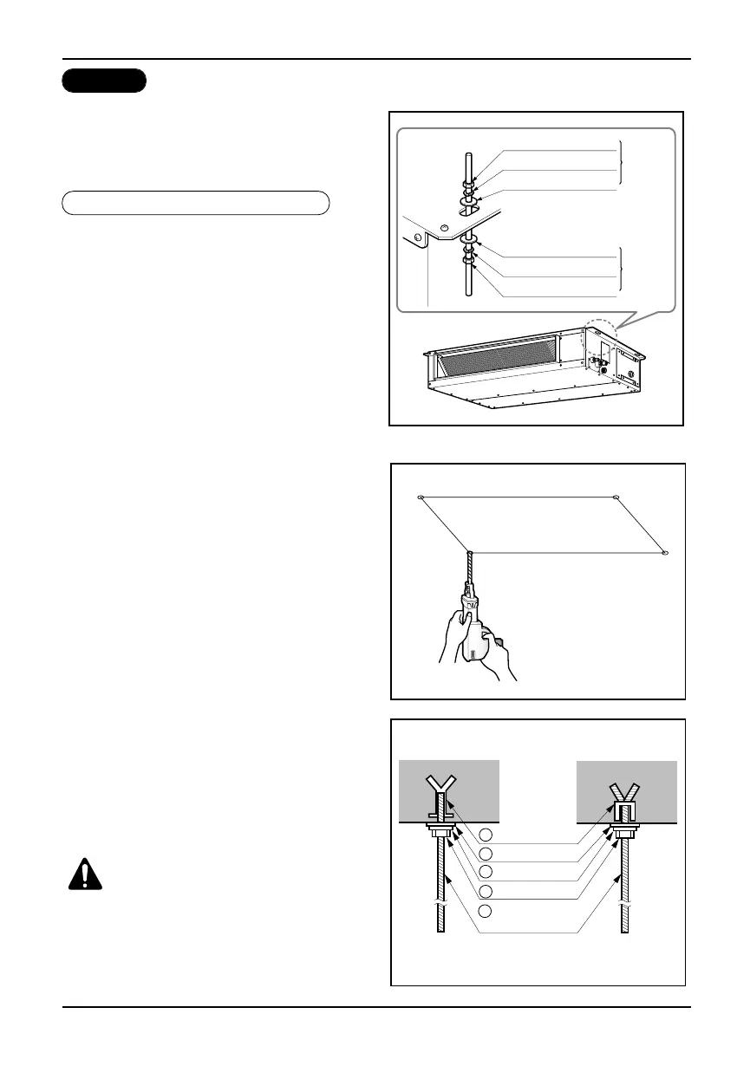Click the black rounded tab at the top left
tap(104, 81)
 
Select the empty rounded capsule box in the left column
tap(196, 203)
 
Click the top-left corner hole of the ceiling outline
tap(421, 497)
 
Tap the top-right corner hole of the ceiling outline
tap(616, 497)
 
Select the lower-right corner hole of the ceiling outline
tap(665, 552)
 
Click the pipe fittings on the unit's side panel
tap(596, 361)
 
